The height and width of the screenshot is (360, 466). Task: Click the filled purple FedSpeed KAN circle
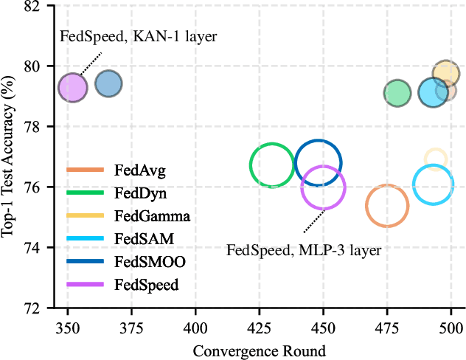tap(73, 88)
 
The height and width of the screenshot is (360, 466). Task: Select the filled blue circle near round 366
tap(108, 84)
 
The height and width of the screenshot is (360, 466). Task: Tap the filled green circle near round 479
tap(397, 93)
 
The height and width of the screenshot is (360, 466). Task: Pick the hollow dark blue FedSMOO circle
tap(318, 163)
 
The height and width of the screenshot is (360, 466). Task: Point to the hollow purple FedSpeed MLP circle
tap(324, 187)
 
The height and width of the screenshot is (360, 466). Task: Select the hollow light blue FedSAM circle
tap(432, 186)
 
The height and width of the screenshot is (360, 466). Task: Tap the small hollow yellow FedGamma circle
tap(435, 158)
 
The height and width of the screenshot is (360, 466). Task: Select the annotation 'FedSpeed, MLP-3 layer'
tap(303, 251)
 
